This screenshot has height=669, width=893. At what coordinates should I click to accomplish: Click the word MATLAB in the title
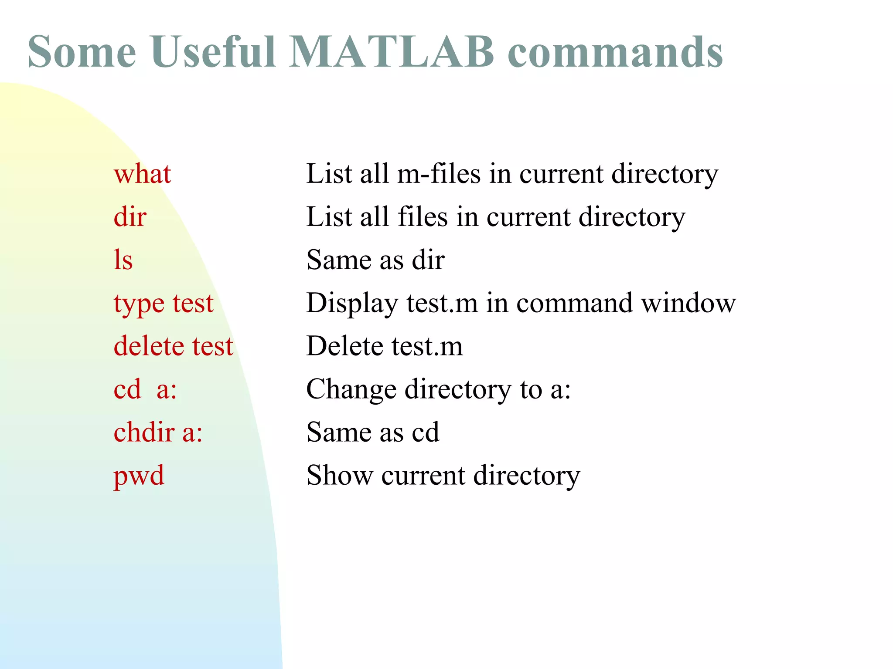tap(391, 52)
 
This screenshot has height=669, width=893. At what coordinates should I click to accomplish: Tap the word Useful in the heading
tap(213, 52)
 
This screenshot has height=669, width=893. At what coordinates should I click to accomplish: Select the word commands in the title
tap(615, 52)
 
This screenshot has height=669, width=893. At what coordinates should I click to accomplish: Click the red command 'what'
tap(142, 174)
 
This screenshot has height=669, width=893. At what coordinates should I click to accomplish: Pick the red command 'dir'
tap(130, 217)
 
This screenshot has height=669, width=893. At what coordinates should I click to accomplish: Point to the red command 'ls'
tap(123, 260)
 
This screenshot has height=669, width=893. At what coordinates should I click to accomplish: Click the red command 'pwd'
tap(139, 476)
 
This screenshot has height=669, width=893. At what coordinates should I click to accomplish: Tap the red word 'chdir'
tap(144, 432)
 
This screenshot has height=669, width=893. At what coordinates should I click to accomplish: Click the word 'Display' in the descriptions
tap(352, 304)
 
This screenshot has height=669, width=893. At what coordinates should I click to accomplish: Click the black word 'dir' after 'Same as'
tap(428, 260)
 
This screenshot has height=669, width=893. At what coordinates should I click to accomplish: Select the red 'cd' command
tap(127, 389)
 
